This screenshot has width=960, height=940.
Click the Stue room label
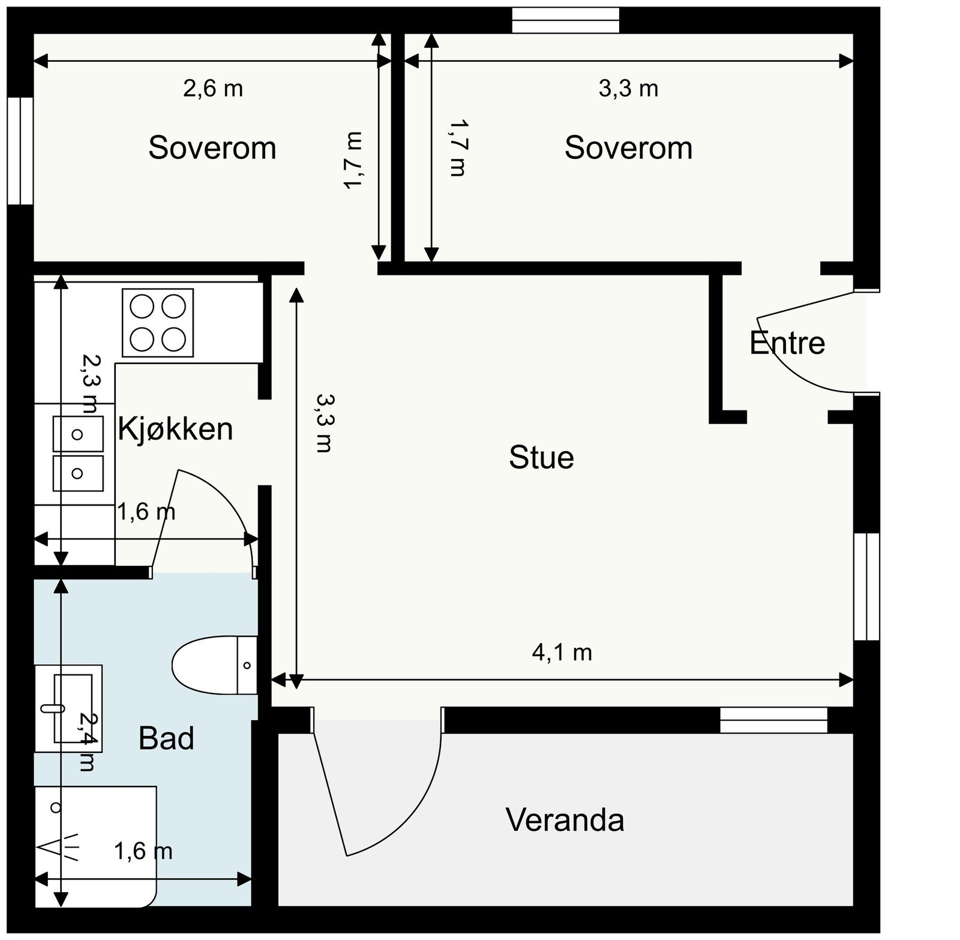pos(541,457)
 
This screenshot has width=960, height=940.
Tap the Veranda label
pos(565,819)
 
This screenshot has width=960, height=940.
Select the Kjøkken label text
pos(175,430)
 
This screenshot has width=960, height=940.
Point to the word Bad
pos(166,738)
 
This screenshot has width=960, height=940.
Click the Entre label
pos(787,343)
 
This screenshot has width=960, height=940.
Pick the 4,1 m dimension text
pos(562,652)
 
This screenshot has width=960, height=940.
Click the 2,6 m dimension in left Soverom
pos(213,89)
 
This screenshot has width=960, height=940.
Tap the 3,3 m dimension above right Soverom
pos(628,89)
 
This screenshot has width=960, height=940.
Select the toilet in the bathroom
pos(214,665)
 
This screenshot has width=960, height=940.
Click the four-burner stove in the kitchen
pos(158,323)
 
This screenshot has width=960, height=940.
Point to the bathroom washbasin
pos(68,708)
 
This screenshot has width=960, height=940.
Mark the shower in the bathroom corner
pos(95,846)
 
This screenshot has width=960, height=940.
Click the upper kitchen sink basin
pos(78,434)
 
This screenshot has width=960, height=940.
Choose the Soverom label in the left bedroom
pos(212,148)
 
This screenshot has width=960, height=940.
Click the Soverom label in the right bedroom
pos(628,148)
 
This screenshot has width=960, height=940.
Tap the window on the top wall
pos(565,20)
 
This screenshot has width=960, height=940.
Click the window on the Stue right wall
pos(866,587)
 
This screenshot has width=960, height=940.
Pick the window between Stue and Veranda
pos(773,720)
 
